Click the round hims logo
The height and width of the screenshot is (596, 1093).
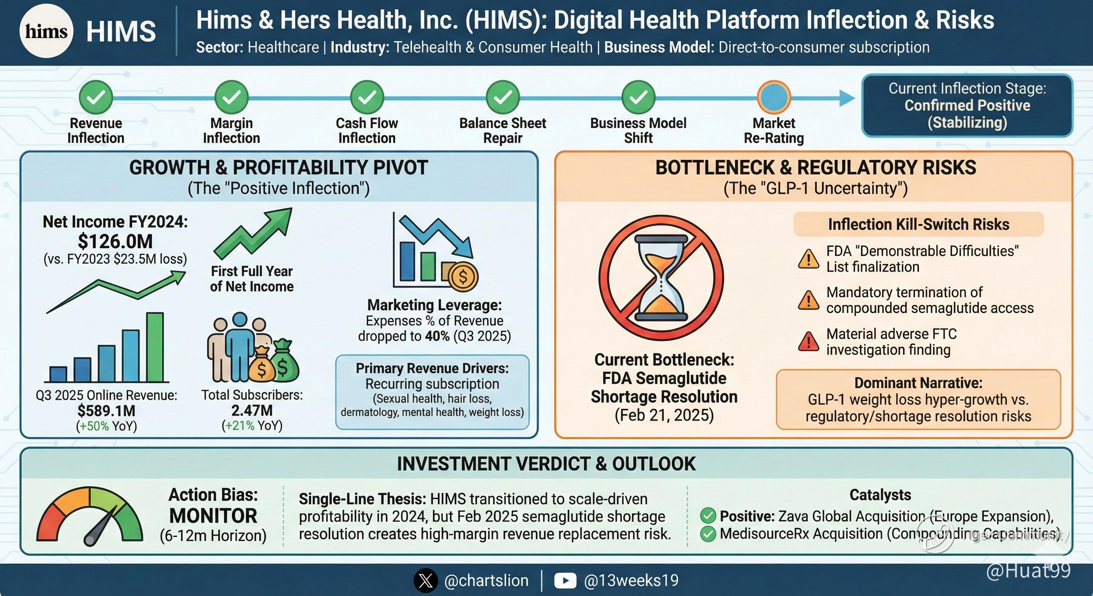(46, 31)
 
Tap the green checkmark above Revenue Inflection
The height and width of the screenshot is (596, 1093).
(96, 97)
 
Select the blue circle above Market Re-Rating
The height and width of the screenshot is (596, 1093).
(774, 97)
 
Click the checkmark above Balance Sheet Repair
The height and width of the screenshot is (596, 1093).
(503, 97)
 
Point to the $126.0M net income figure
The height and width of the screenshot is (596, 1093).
(115, 241)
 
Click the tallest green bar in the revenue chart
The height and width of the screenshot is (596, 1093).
(155, 347)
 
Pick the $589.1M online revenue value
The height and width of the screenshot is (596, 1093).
(106, 411)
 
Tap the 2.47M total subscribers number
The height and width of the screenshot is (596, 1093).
(252, 410)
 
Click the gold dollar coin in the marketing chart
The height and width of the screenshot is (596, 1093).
(463, 277)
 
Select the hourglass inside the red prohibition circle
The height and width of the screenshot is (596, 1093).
(661, 279)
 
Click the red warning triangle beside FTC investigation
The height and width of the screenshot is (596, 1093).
(809, 341)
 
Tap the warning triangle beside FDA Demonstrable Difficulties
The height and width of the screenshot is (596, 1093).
(809, 259)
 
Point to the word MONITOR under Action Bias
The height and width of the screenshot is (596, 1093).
(213, 516)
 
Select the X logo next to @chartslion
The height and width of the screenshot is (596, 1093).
(425, 580)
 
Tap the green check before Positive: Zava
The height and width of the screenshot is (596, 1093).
(708, 516)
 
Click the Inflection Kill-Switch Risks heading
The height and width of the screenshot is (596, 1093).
(919, 224)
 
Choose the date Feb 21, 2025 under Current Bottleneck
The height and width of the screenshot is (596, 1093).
(664, 415)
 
